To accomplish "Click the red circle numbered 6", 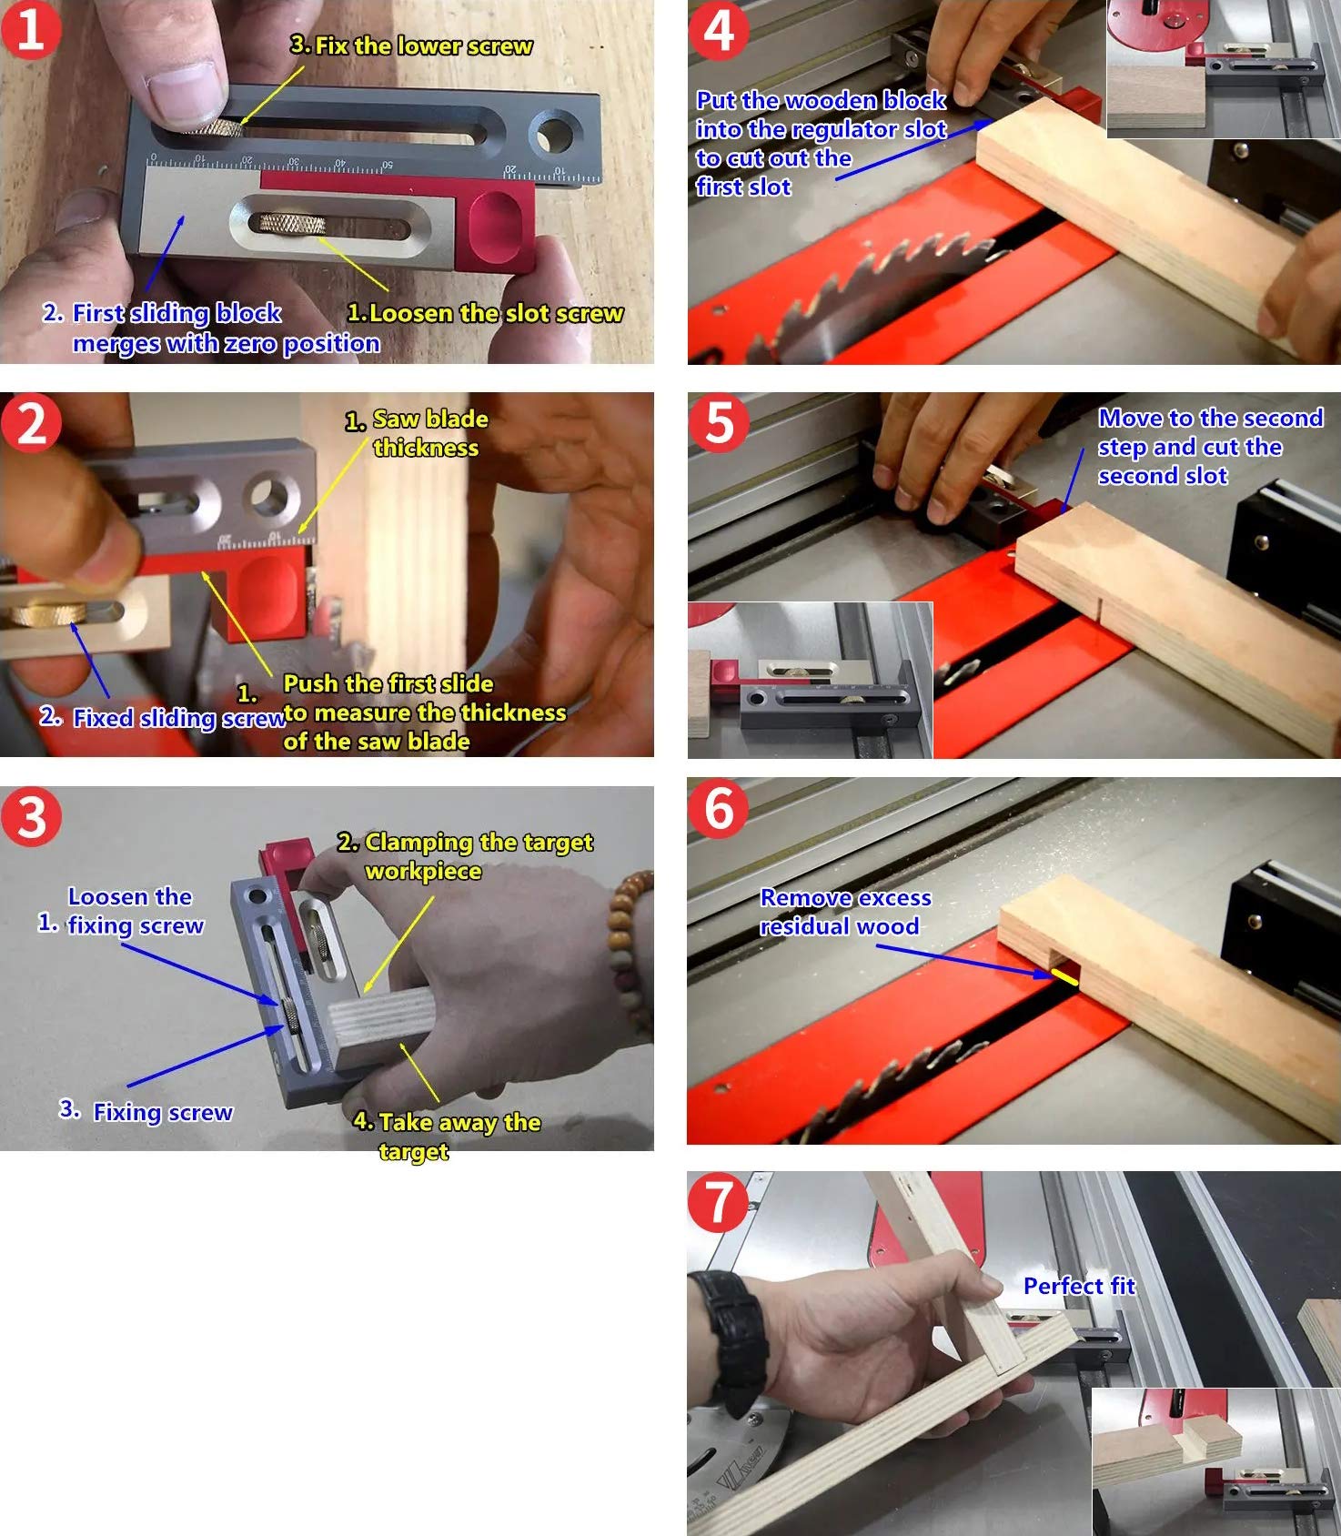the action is coord(719,808).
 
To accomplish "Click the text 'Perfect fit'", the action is coord(1079,1286).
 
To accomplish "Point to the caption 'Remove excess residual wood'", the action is coord(845,912).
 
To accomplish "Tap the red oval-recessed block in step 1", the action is coord(499,221).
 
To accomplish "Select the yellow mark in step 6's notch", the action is coord(1064,977).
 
